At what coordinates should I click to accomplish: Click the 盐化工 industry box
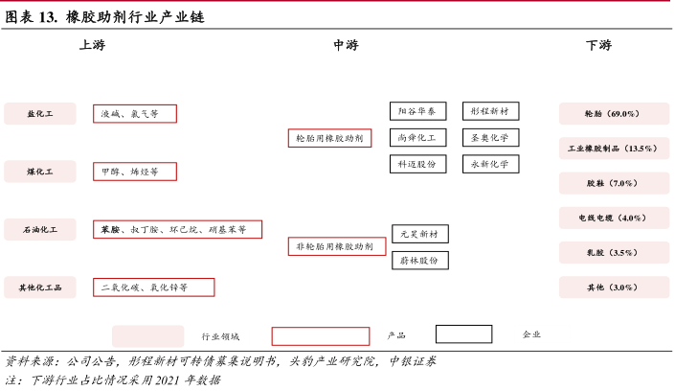click(40, 114)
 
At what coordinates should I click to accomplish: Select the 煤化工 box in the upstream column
click(40, 172)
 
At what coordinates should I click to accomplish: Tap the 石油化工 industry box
click(40, 230)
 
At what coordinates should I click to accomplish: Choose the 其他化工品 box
click(40, 287)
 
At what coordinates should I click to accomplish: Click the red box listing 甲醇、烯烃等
click(135, 172)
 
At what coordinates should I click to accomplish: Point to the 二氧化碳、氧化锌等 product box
click(153, 287)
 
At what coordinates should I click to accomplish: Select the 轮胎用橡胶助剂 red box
click(329, 138)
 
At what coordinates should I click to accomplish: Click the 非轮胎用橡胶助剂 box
click(337, 247)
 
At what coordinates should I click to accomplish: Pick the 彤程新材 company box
click(491, 111)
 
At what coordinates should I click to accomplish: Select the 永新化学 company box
click(491, 164)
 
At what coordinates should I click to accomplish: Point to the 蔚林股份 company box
click(420, 260)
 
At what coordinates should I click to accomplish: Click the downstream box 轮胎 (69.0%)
click(612, 114)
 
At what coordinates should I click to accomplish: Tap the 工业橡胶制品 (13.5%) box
click(612, 149)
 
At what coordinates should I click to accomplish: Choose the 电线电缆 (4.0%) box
click(612, 218)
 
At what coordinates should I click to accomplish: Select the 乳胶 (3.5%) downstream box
click(612, 252)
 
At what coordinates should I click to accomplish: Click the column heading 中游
click(346, 45)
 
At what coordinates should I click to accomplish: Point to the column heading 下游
click(598, 45)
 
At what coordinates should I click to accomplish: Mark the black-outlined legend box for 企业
click(464, 334)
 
